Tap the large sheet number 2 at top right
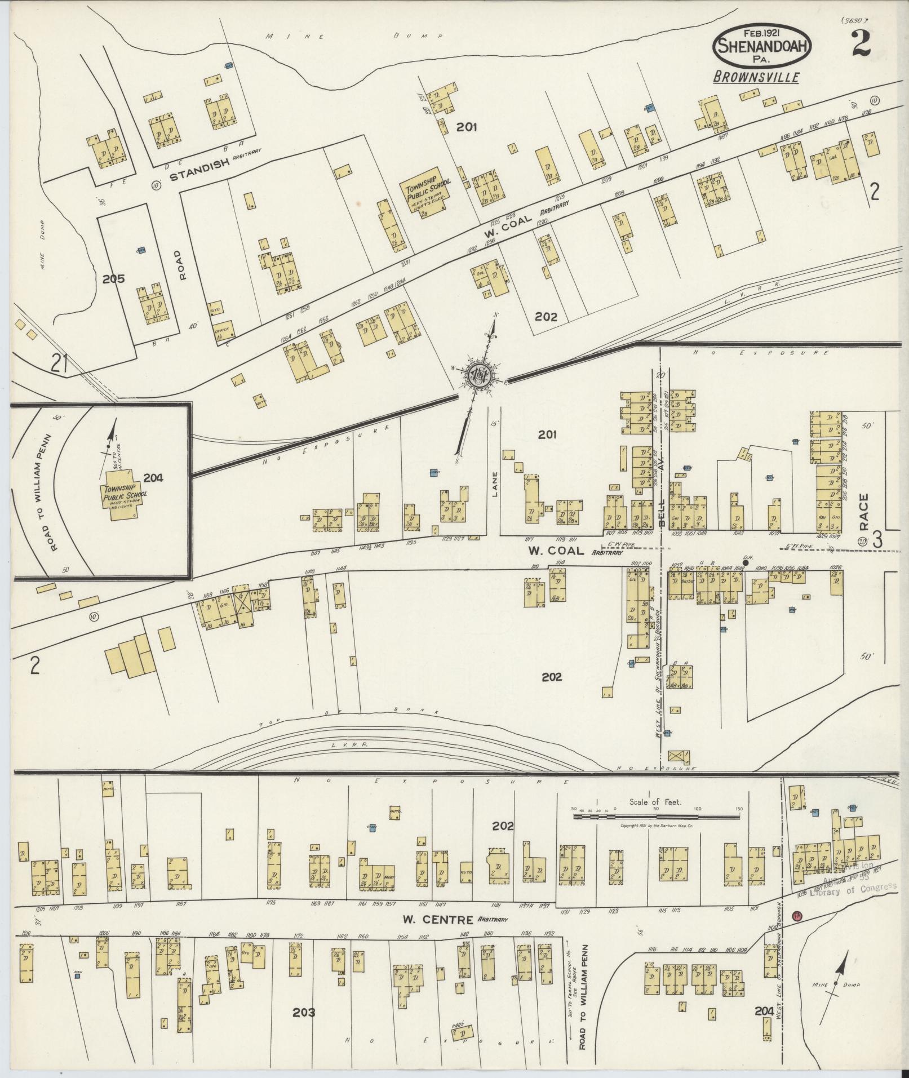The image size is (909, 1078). [x=861, y=43]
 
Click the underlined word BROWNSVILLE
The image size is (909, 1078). [x=755, y=77]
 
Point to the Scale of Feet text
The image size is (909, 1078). [x=656, y=801]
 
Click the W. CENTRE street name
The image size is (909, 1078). [x=437, y=920]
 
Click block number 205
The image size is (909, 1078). [x=114, y=278]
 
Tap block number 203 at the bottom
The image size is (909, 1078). [x=304, y=1013]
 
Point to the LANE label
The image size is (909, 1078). [x=494, y=484]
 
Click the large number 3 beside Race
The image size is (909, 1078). [x=877, y=539]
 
